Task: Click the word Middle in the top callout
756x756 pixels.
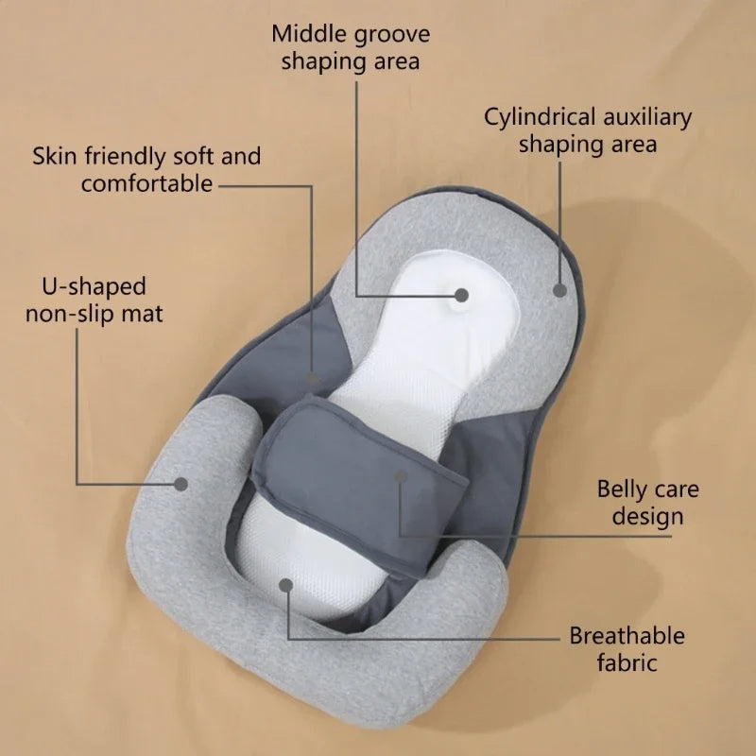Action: coord(304,34)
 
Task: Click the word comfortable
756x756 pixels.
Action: coord(147,183)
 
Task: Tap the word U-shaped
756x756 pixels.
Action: coord(94,287)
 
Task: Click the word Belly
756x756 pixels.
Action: coord(624,490)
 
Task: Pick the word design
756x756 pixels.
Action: coord(647,517)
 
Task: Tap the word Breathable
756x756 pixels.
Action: coord(627,635)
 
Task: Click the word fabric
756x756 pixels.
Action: coord(627,662)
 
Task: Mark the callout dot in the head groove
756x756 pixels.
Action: coord(461,295)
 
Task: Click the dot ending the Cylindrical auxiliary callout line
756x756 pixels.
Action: coord(559,291)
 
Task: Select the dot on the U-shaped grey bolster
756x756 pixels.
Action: coord(180,484)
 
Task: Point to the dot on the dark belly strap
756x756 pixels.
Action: coord(401,476)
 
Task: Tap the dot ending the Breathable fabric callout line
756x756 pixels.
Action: coord(286,585)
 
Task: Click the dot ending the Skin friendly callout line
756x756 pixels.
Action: coord(313,378)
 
